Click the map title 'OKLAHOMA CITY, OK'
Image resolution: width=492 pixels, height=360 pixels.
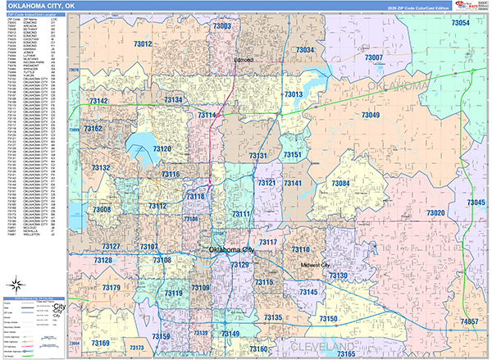pyautogui.click(x=40, y=7)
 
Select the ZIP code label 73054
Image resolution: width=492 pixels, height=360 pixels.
pyautogui.click(x=460, y=24)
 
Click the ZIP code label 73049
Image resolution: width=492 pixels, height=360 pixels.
pyautogui.click(x=371, y=116)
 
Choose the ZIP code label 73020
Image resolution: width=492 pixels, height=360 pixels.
pyautogui.click(x=435, y=213)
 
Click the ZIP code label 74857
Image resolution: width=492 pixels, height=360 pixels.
pyautogui.click(x=470, y=322)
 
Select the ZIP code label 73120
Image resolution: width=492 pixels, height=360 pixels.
pyautogui.click(x=162, y=148)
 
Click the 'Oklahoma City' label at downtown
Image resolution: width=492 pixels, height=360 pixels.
pyautogui.click(x=232, y=250)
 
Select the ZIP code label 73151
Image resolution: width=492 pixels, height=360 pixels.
pyautogui.click(x=292, y=155)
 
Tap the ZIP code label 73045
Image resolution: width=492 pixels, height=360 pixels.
pyautogui.click(x=476, y=202)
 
